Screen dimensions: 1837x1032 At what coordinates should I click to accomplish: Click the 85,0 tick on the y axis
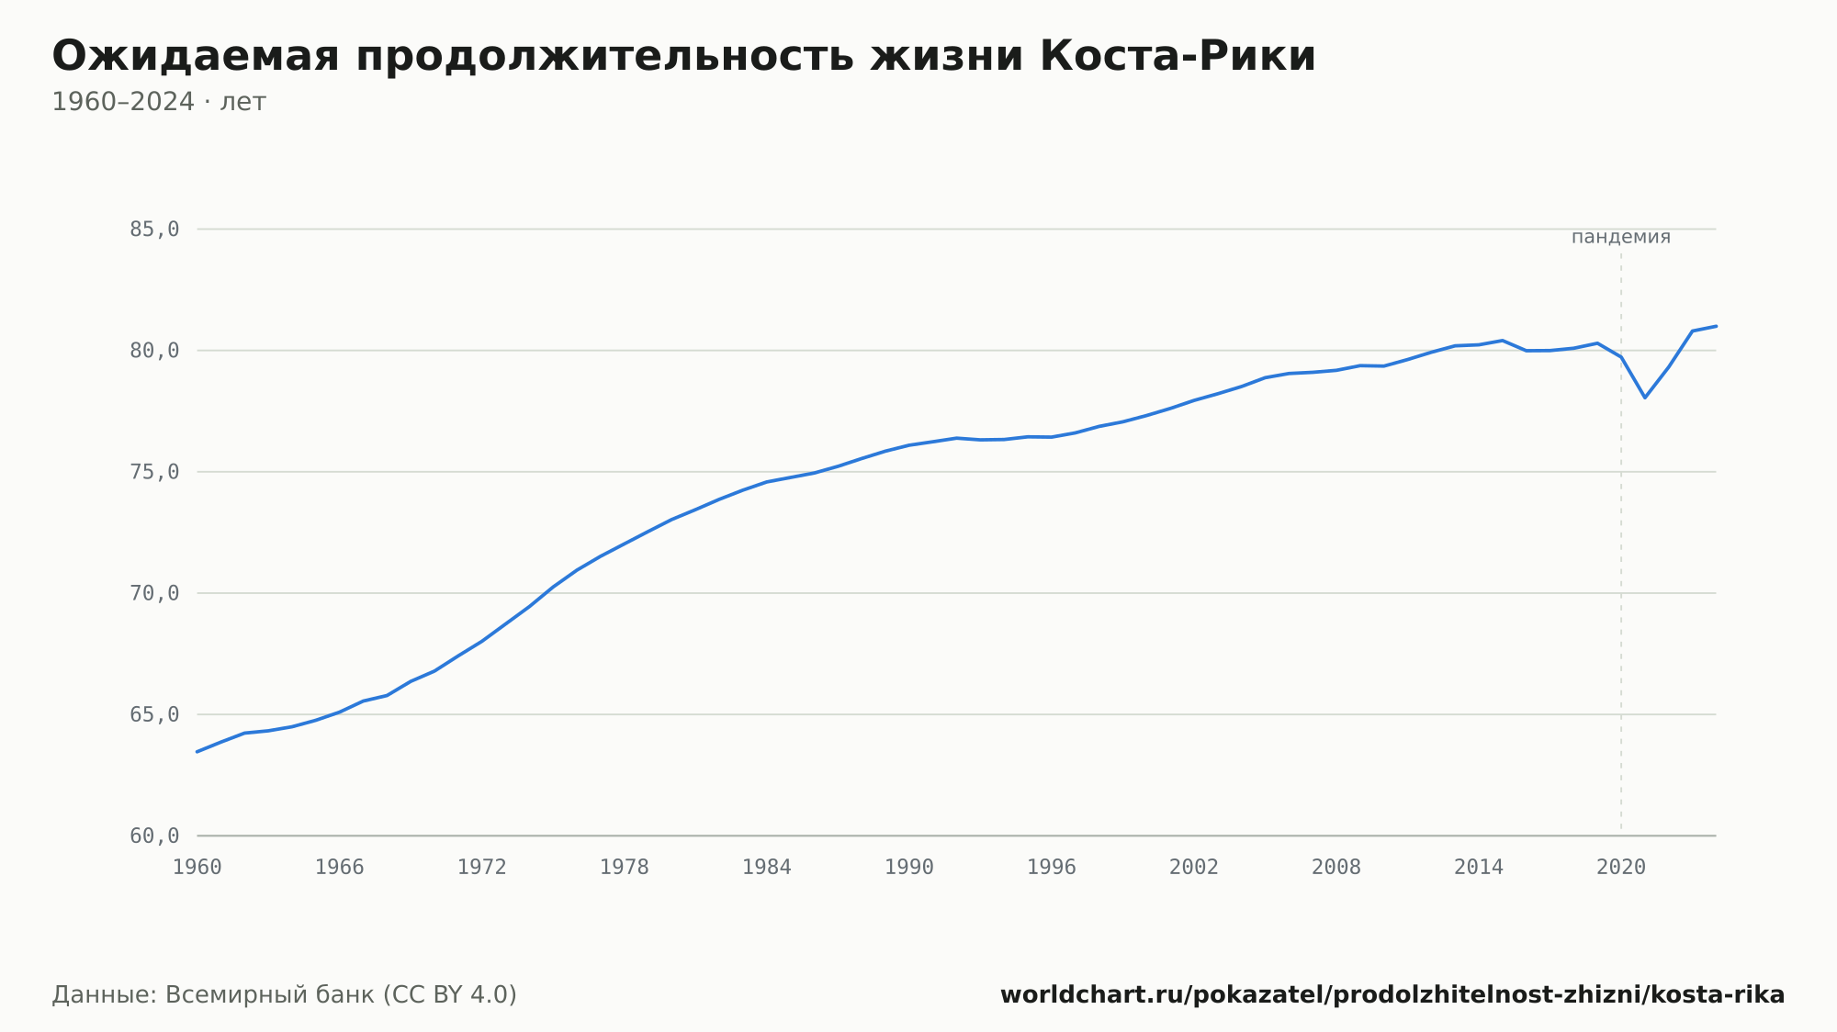tap(154, 230)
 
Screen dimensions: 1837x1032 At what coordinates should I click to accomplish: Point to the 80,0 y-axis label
tap(154, 351)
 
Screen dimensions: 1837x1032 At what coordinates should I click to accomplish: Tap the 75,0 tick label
tap(154, 472)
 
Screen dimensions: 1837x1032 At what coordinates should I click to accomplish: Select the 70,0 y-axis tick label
tap(154, 593)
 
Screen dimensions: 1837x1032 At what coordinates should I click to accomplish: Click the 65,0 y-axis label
tap(154, 714)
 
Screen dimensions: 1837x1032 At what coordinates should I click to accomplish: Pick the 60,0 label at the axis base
tap(154, 836)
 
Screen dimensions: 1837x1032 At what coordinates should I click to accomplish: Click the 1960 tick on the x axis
tap(197, 868)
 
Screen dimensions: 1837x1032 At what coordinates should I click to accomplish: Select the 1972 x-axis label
tap(482, 868)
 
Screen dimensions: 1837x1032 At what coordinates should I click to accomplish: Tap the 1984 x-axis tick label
tap(767, 868)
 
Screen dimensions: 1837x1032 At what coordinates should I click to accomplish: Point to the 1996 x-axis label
tap(1052, 868)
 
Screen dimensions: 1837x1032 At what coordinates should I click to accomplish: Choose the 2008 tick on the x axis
tap(1336, 868)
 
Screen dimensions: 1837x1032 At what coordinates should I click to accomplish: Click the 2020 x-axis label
tap(1621, 868)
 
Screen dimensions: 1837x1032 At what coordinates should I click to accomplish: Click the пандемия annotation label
tap(1621, 237)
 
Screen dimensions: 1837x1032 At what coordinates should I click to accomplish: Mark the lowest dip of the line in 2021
tap(1645, 398)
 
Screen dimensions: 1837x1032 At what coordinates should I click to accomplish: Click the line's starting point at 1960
tap(197, 752)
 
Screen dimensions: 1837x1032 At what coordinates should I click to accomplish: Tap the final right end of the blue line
tap(1716, 326)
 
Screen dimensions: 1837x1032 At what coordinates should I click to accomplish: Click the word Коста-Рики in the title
tap(1178, 56)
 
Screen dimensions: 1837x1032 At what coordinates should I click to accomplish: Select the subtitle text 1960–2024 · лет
tap(159, 102)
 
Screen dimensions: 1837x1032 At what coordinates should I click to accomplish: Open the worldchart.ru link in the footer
tap(1392, 994)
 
